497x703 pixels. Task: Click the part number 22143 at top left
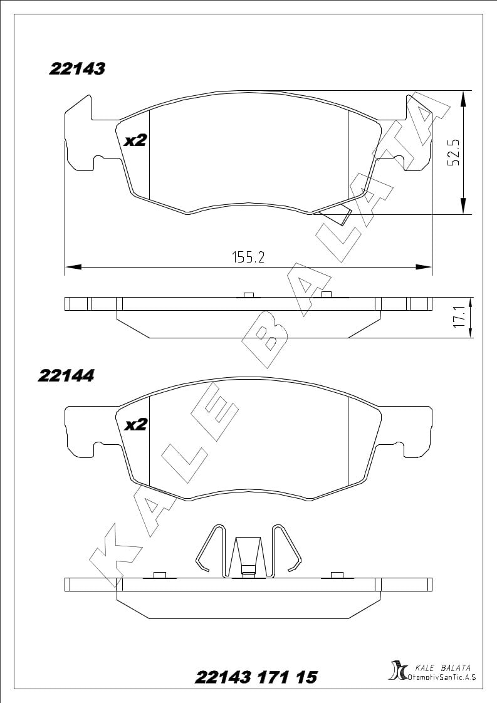coord(76,68)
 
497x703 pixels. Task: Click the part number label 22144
coord(66,376)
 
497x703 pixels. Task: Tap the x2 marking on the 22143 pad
coord(135,141)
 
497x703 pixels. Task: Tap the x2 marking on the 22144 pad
coord(135,425)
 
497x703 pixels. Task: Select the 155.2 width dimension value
coord(248,257)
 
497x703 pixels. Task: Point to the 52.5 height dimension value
coord(454,152)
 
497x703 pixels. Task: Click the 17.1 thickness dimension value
coord(458,317)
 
